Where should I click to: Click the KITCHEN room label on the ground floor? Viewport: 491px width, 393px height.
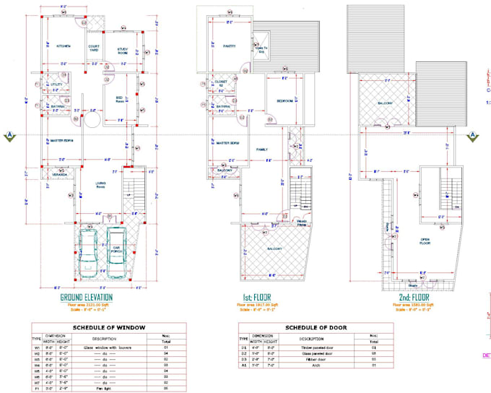[64, 46]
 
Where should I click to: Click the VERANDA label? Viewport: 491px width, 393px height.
[59, 176]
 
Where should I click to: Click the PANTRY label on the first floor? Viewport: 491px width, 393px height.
[230, 44]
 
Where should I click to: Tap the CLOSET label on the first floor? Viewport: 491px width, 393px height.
[221, 83]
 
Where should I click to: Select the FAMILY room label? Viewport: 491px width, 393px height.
[262, 149]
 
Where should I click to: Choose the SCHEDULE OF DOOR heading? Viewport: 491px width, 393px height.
[316, 327]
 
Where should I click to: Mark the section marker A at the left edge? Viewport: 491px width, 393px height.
[9, 135]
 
